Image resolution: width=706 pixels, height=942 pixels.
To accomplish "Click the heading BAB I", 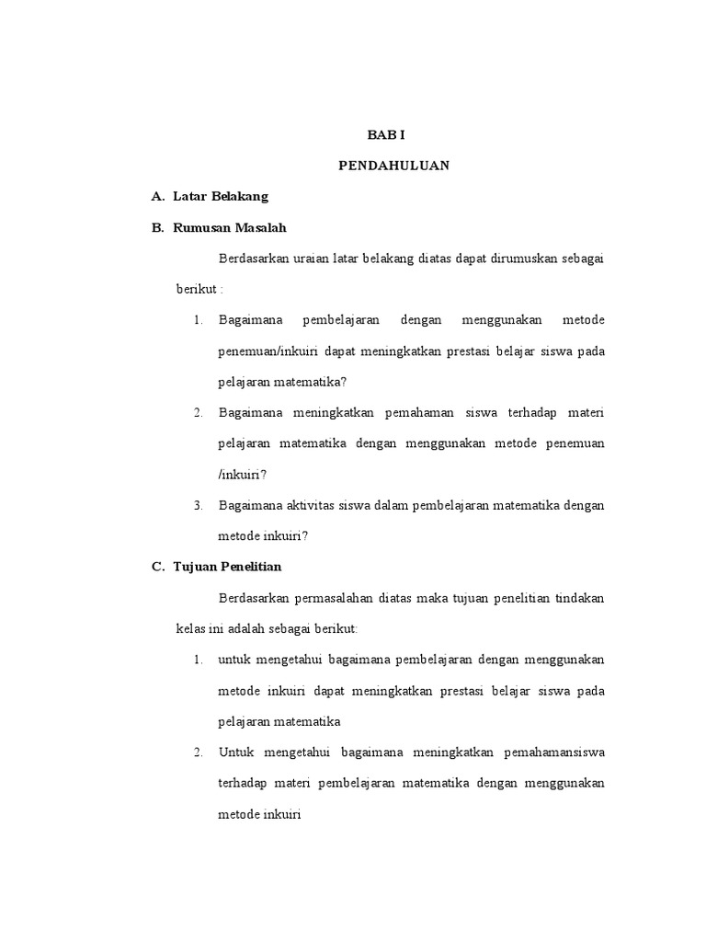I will [386, 134].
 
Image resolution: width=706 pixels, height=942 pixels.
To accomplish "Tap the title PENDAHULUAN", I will [386, 166].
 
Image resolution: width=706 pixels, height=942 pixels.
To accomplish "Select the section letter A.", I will [157, 197].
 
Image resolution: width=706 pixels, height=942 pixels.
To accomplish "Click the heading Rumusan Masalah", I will [231, 228].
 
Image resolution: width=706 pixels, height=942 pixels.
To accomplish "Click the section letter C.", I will [157, 567].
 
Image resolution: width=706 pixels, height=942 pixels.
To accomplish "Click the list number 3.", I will [198, 505].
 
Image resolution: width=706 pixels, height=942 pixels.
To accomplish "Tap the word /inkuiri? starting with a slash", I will [242, 474].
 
